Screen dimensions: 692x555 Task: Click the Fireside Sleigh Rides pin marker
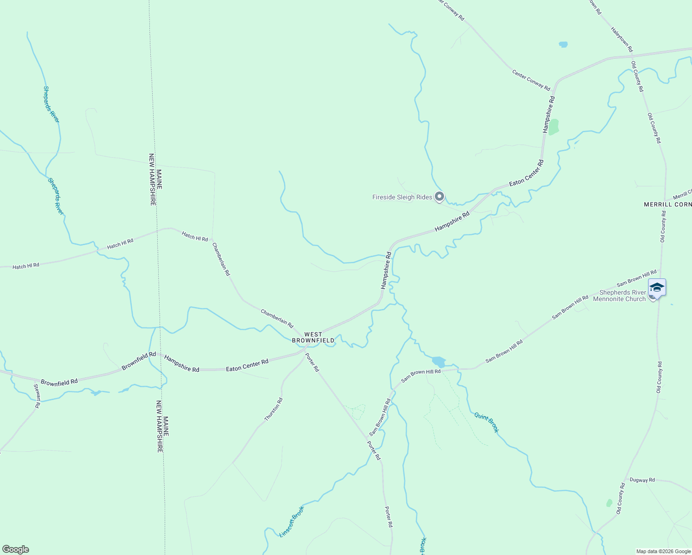click(x=439, y=197)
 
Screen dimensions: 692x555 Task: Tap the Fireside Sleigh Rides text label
click(x=402, y=197)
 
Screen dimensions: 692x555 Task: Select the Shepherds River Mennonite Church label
click(x=622, y=296)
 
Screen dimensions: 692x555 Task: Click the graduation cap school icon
click(x=657, y=288)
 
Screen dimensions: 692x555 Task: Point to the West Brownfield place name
click(x=313, y=337)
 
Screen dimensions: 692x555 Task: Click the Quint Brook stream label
click(x=487, y=423)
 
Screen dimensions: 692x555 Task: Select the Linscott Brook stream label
click(x=292, y=522)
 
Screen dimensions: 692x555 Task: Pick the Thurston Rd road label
click(x=273, y=409)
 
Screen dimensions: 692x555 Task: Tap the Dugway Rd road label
click(x=642, y=480)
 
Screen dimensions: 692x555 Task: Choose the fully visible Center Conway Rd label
click(x=531, y=80)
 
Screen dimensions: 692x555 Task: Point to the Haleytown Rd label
click(x=622, y=39)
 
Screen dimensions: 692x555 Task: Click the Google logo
click(x=16, y=549)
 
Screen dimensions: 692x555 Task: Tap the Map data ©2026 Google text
click(x=663, y=551)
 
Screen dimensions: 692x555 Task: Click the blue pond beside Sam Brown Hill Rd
click(x=439, y=361)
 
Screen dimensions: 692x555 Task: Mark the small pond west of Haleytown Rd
click(x=563, y=44)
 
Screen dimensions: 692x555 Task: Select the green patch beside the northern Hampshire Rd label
click(x=553, y=126)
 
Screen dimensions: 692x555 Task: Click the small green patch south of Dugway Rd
click(x=609, y=503)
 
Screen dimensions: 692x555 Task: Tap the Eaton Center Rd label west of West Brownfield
click(x=247, y=365)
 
